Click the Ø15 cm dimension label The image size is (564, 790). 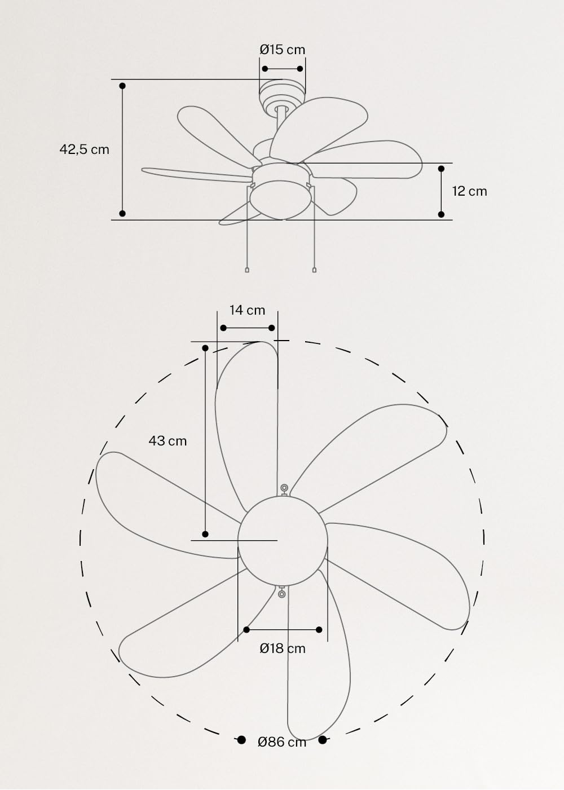point(282,50)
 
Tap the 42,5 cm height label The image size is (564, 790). point(85,149)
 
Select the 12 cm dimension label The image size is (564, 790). point(469,191)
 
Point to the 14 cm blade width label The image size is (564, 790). point(247,310)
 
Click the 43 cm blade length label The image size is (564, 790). point(168,440)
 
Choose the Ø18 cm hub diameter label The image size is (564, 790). point(283,648)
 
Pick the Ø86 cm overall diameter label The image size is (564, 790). point(282,742)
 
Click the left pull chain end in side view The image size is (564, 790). point(247,270)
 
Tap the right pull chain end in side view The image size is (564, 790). point(314,270)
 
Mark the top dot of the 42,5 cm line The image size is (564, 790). point(122,86)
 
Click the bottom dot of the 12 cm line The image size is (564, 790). point(441,214)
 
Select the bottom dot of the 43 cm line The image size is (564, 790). point(205,534)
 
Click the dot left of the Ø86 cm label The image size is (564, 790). point(241,740)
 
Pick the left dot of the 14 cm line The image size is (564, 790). point(223,328)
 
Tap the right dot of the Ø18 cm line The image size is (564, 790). point(319,629)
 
